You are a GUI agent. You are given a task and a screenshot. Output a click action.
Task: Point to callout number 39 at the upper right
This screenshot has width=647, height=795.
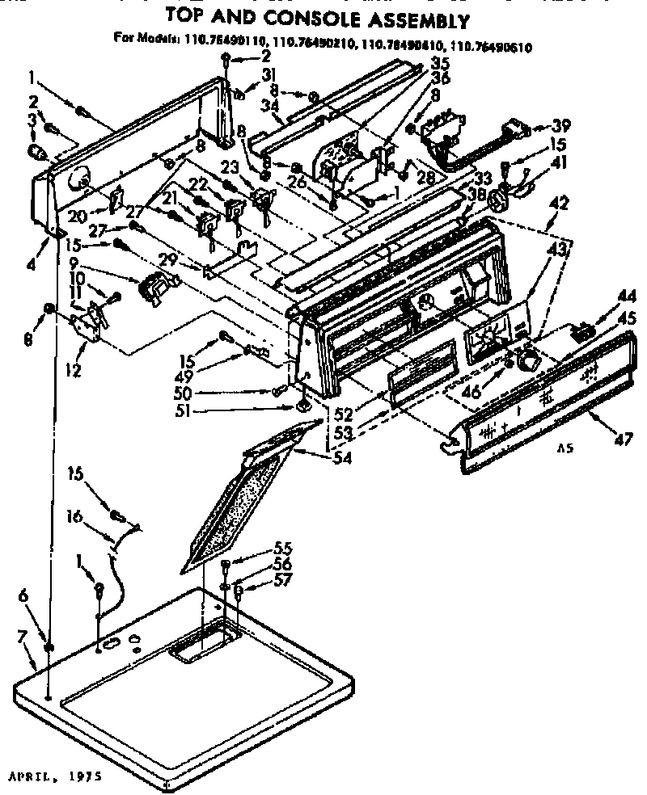(561, 125)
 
